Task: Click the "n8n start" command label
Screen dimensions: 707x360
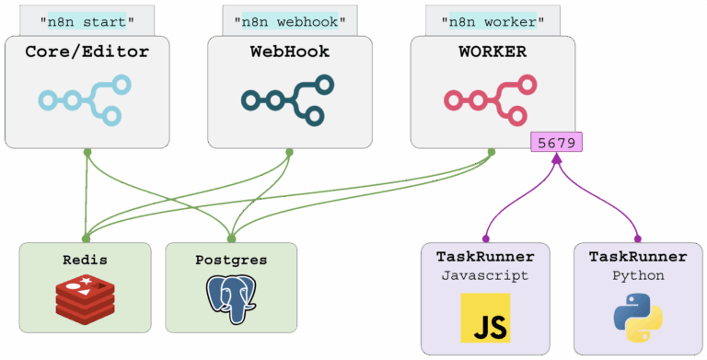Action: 87,21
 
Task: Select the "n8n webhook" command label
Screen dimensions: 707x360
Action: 290,21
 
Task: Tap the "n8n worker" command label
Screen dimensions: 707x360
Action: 493,21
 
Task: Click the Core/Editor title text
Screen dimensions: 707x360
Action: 87,52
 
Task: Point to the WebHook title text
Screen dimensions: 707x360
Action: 290,52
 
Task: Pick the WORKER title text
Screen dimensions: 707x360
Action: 493,52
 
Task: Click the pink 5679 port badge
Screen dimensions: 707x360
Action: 556,142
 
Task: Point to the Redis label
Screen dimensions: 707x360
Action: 86,260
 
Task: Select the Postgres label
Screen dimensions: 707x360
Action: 231,260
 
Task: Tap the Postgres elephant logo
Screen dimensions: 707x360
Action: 231,299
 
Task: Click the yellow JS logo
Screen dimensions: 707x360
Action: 485,318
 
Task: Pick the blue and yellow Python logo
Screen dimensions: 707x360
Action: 638,318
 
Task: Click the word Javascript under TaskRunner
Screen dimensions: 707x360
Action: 485,275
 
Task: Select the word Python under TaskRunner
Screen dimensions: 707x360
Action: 638,275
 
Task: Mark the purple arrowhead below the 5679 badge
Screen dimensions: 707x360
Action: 557,157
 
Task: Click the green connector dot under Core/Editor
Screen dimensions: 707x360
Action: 87,153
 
